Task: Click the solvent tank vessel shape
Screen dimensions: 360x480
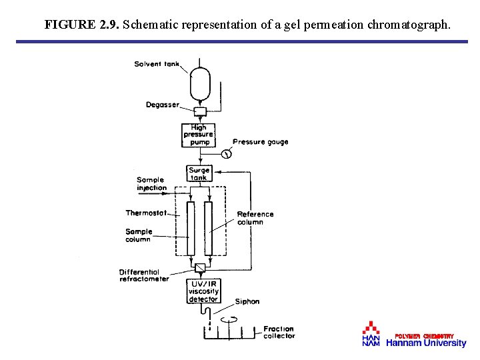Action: [201, 82]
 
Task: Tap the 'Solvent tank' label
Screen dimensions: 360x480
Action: [157, 64]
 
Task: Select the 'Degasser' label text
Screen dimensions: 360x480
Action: [162, 105]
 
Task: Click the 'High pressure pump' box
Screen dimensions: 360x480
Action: [199, 135]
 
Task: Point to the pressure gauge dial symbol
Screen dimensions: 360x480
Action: [226, 154]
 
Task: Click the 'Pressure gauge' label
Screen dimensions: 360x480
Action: [261, 142]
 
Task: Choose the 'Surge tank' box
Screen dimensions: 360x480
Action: [199, 174]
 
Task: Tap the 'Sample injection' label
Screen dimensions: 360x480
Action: [151, 184]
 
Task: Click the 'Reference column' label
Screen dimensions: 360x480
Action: [255, 218]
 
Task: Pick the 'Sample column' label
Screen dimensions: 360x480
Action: [139, 235]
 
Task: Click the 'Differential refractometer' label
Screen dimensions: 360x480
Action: [143, 275]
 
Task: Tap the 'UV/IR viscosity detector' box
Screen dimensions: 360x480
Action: [203, 292]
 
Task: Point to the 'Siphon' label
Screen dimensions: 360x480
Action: [247, 302]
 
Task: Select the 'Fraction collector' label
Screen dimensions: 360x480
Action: [279, 332]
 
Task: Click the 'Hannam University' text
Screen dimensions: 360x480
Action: [426, 343]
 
